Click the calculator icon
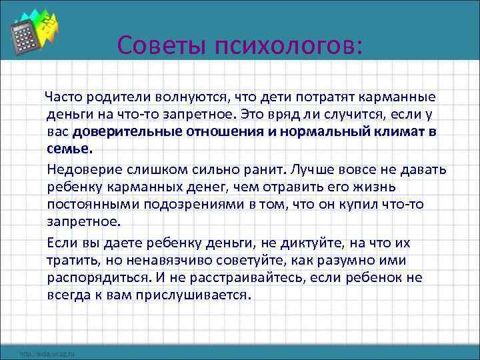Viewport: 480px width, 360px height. pos(25,33)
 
